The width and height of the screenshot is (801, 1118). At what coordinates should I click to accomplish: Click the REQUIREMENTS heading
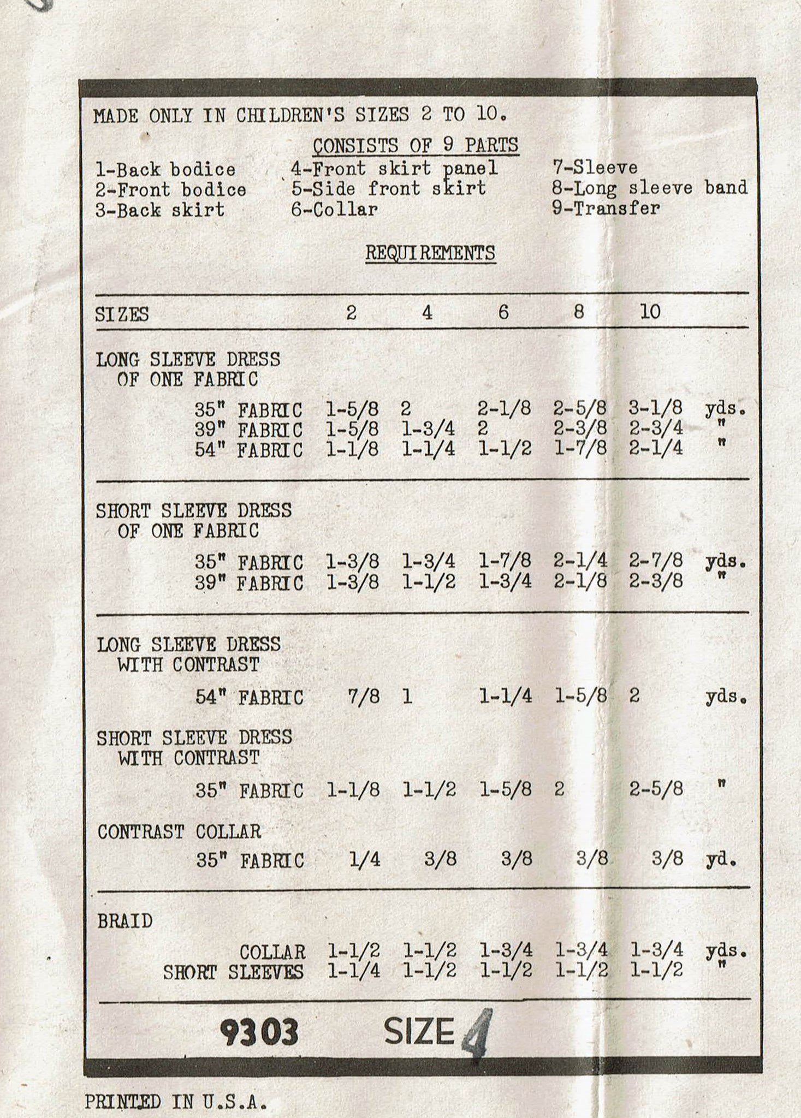(430, 253)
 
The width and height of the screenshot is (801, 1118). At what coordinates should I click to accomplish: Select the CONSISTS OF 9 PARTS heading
(416, 146)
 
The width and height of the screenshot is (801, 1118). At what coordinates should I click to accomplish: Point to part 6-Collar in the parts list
(334, 210)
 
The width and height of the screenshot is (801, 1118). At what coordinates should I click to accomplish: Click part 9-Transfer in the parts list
(606, 208)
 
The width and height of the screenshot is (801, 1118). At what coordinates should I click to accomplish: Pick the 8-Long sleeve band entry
(649, 188)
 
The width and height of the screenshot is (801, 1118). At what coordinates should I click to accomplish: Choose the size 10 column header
(650, 312)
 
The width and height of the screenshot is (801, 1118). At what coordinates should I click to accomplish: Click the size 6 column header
(503, 312)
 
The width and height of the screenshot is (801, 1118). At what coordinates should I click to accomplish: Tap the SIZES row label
(122, 315)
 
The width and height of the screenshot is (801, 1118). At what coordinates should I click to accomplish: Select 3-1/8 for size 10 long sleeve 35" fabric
(656, 408)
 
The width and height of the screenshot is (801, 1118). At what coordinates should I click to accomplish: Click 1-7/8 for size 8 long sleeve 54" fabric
(580, 449)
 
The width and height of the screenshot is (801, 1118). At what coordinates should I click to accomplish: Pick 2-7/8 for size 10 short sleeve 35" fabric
(656, 561)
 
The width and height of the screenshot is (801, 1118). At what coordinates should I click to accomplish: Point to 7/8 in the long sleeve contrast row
(364, 697)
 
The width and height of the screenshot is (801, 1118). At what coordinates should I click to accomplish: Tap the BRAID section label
(125, 921)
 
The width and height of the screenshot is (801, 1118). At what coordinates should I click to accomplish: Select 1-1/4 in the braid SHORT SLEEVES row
(354, 971)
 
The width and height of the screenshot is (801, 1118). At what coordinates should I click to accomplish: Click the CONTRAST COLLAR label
(179, 832)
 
